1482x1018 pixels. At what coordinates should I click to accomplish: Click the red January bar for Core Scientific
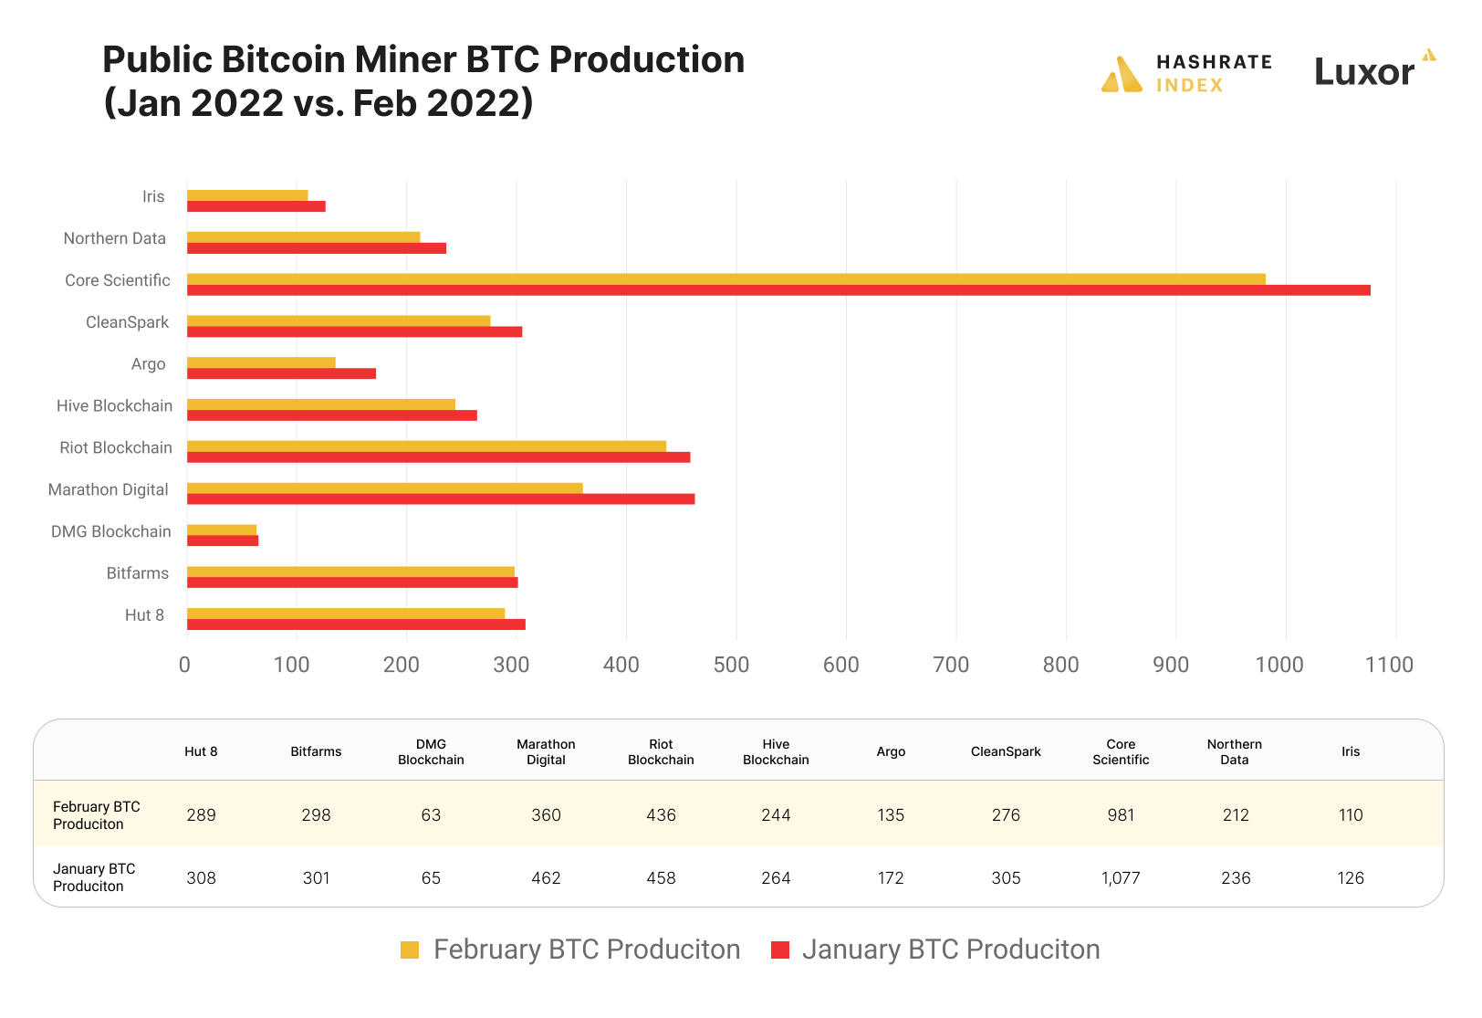point(778,290)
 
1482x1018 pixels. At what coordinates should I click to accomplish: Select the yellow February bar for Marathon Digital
point(384,488)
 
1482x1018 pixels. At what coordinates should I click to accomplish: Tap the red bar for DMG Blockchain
point(223,540)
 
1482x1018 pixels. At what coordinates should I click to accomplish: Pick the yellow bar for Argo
point(261,362)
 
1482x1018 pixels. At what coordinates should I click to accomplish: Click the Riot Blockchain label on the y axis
point(116,447)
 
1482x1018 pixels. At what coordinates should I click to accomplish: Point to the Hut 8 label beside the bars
point(144,615)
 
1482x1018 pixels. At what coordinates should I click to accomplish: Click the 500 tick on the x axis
point(731,665)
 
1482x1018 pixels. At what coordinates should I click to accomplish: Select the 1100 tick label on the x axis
point(1389,665)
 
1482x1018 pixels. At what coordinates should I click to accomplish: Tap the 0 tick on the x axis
point(185,665)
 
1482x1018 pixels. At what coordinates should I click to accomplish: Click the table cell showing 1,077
point(1121,878)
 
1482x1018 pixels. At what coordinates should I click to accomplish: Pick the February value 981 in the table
point(1121,815)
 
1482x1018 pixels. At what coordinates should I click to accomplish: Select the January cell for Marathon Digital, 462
point(546,878)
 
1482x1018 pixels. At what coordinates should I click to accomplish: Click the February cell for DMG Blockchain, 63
point(431,815)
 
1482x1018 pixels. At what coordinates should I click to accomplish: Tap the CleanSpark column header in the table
point(1006,751)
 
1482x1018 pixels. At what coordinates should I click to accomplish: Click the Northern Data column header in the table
point(1235,751)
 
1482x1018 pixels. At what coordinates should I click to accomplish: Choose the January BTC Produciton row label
point(94,877)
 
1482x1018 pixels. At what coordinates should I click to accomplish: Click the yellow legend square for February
point(410,950)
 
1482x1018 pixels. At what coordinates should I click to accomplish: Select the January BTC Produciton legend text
point(950,950)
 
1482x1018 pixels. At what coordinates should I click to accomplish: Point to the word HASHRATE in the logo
point(1214,62)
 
